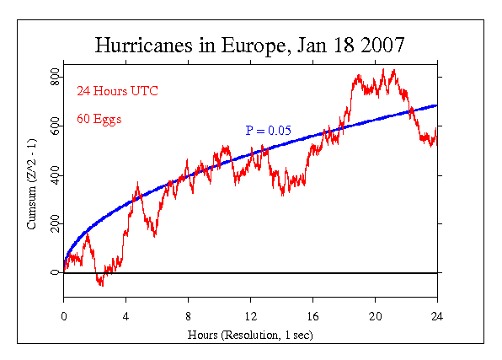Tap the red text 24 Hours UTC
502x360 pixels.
point(117,90)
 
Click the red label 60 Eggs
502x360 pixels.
point(99,119)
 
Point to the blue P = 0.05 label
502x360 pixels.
point(268,131)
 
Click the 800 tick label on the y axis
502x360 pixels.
point(53,78)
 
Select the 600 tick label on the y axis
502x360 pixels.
point(53,126)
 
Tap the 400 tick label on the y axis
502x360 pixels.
point(53,175)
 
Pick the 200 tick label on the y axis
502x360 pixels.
point(53,224)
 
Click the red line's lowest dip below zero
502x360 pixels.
point(102,285)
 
